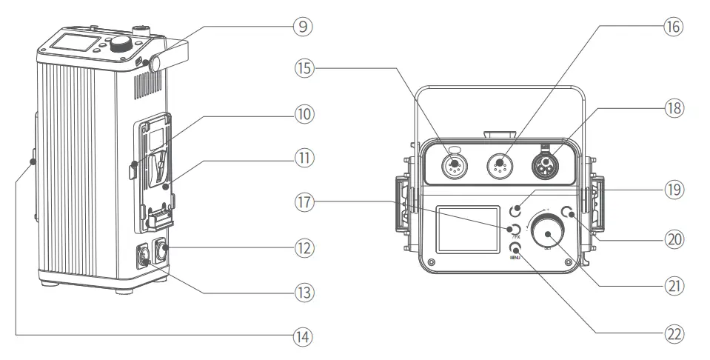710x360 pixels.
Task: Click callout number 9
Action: coord(301,27)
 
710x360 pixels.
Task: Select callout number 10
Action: coord(301,115)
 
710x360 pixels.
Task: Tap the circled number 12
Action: coord(301,247)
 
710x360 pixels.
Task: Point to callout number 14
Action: coord(301,336)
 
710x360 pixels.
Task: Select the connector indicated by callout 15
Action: coord(453,164)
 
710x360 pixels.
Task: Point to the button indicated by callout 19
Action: coord(522,212)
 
